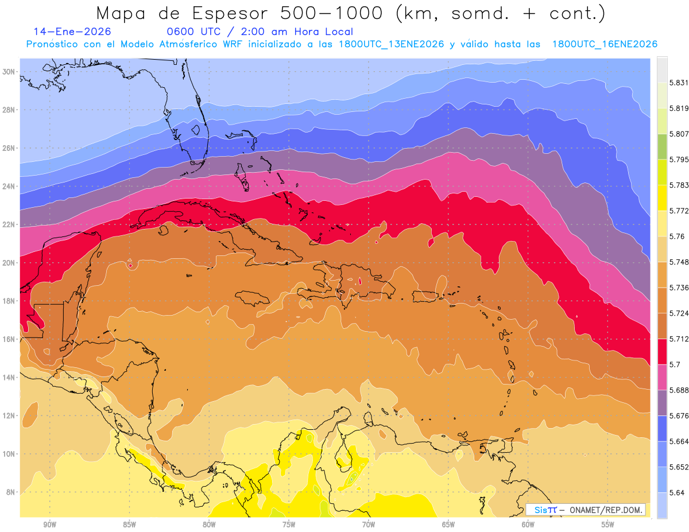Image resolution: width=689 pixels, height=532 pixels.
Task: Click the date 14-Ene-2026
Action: [x=72, y=32]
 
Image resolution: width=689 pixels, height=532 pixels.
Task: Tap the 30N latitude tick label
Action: [x=10, y=72]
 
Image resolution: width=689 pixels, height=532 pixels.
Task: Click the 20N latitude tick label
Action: [x=10, y=262]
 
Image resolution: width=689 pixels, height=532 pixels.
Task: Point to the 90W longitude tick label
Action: [x=49, y=525]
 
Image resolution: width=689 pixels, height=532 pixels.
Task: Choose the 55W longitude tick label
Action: [x=608, y=525]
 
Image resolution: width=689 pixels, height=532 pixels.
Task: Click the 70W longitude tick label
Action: [x=369, y=525]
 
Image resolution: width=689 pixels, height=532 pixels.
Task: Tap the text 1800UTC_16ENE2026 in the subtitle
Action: [x=605, y=44]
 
